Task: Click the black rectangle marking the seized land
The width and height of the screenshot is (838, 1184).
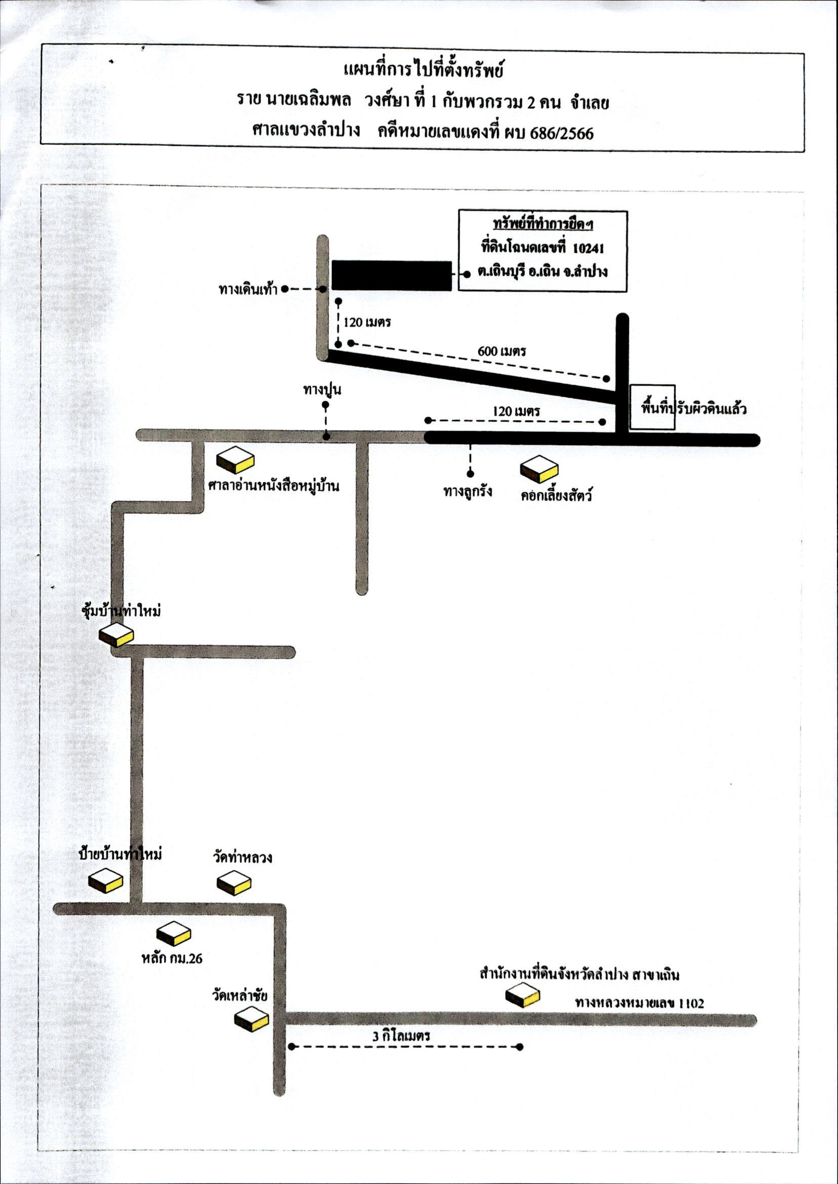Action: (x=391, y=276)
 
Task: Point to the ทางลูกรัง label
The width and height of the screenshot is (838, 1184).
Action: (x=468, y=491)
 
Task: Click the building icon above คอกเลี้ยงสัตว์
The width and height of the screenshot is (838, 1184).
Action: (x=539, y=469)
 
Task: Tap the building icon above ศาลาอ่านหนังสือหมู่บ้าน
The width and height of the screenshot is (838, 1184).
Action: (x=235, y=460)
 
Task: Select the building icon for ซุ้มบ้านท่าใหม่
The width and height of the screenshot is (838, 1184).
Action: (x=116, y=635)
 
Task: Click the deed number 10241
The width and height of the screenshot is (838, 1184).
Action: (x=588, y=248)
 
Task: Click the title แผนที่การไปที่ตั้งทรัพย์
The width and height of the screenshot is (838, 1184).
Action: (x=423, y=69)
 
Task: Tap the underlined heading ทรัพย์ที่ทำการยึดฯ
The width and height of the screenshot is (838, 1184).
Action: (x=543, y=225)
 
